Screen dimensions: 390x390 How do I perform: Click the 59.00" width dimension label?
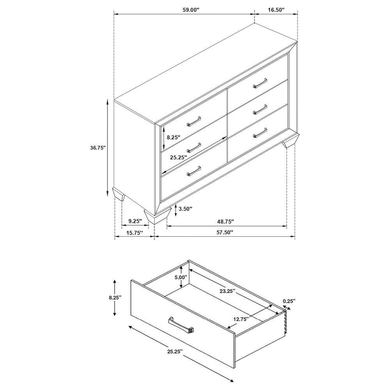191,10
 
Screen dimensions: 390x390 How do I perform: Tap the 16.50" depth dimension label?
276,10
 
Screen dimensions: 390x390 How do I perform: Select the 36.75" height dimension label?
98,148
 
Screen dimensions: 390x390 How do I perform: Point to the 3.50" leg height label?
186,209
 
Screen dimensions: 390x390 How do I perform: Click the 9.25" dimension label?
135,221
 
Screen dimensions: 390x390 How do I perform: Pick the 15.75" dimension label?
135,233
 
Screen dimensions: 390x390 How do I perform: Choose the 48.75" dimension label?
225,221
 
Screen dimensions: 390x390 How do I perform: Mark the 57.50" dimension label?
225,233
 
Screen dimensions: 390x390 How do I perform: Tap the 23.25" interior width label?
227,291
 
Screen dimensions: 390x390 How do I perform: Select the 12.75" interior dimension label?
241,319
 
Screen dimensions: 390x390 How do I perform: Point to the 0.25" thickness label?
289,301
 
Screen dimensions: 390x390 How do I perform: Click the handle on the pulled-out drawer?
181,325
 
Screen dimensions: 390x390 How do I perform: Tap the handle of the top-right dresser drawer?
260,83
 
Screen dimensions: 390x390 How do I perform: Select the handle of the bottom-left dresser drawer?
193,171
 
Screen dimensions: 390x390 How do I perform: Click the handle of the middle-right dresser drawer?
260,110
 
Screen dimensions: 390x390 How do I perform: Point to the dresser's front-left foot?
158,216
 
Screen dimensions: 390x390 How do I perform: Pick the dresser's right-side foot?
291,141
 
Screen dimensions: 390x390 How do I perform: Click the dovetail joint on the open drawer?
286,322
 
